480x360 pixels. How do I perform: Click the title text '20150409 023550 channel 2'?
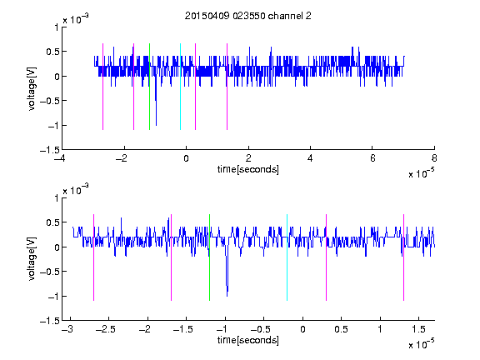click(x=248, y=16)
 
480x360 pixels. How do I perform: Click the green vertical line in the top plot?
click(x=149, y=87)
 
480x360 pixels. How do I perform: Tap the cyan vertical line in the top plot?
click(x=180, y=87)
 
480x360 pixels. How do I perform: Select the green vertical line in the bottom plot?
click(x=209, y=257)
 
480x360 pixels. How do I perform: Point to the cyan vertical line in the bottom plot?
click(x=287, y=257)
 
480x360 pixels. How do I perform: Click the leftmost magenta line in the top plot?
click(x=102, y=87)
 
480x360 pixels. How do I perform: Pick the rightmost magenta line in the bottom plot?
click(x=403, y=257)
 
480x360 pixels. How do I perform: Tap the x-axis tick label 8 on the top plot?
click(x=434, y=158)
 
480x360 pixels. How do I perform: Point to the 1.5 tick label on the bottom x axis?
click(x=418, y=329)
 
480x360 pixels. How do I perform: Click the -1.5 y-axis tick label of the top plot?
click(x=50, y=150)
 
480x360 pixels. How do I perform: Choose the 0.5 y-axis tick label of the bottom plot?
click(x=52, y=222)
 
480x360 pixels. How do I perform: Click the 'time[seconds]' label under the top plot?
click(x=248, y=169)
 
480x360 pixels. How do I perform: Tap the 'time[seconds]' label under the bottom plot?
click(x=248, y=340)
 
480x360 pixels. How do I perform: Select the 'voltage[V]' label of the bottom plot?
click(x=32, y=259)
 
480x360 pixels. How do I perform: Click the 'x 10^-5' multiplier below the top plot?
click(x=422, y=172)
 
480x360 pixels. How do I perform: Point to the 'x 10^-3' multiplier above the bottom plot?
click(x=76, y=189)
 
